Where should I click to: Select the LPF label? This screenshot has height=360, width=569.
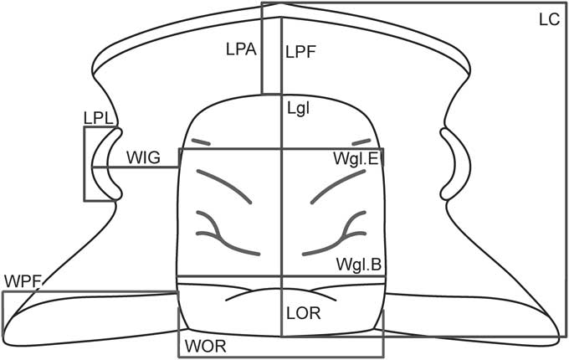pyautogui.click(x=299, y=53)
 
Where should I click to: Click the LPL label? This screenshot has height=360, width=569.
pyautogui.click(x=97, y=119)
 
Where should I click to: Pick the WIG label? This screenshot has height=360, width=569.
pyautogui.click(x=142, y=156)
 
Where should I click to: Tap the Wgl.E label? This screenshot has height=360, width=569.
pyautogui.click(x=354, y=157)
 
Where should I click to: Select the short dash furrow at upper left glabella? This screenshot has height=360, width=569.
pyautogui.click(x=201, y=141)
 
